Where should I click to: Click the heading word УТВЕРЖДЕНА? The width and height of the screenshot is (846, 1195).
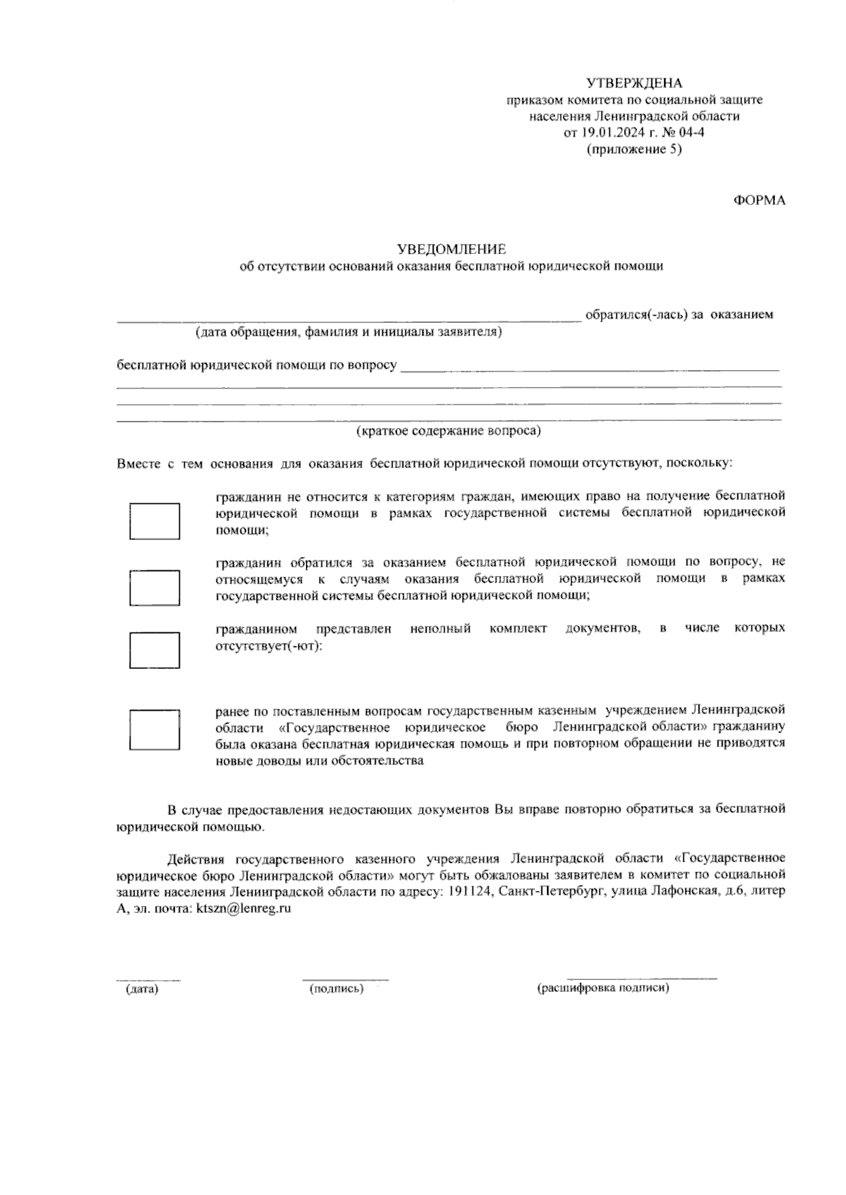point(634,83)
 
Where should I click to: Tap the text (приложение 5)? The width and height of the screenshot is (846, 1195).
point(634,149)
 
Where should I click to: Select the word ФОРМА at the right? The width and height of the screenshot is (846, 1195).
point(760,200)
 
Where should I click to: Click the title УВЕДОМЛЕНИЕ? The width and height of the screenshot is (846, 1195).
point(451,249)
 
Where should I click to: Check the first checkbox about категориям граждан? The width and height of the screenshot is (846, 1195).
point(154,521)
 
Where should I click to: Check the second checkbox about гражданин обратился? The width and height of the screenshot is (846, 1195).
point(154,587)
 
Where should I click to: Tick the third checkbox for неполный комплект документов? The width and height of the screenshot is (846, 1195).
point(154,650)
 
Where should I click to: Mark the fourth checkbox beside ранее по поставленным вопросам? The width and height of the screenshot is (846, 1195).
point(154,730)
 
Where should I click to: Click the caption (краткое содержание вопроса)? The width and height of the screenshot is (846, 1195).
point(448,430)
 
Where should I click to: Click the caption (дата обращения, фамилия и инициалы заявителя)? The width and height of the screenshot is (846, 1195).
point(349,332)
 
